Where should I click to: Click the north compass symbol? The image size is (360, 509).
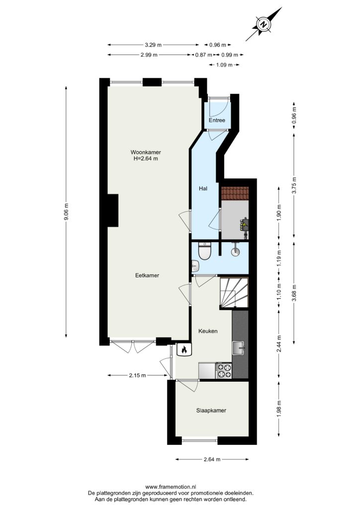(x=264, y=24)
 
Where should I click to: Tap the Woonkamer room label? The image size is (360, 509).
(x=146, y=152)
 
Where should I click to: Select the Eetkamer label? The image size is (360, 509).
(x=147, y=275)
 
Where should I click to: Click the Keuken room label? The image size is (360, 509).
(x=208, y=331)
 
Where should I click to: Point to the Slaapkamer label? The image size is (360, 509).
(x=211, y=410)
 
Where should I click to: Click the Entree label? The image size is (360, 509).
(x=217, y=120)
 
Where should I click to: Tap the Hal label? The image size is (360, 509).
(x=203, y=188)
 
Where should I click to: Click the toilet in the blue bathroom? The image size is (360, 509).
(x=205, y=251)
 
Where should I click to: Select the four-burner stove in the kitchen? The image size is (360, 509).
(x=224, y=371)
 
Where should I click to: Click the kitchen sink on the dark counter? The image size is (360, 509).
(x=240, y=348)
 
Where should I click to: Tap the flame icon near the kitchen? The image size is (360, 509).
(x=184, y=349)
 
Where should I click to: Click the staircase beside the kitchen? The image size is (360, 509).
(x=234, y=292)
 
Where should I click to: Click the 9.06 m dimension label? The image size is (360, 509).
(x=66, y=212)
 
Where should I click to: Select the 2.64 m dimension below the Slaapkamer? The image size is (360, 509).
(x=212, y=459)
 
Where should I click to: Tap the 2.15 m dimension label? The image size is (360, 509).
(x=137, y=375)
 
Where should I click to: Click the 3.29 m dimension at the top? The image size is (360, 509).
(x=153, y=45)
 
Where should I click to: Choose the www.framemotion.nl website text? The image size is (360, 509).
(x=171, y=487)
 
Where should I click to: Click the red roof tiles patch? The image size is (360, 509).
(x=235, y=193)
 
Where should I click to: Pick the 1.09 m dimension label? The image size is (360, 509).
(x=224, y=65)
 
